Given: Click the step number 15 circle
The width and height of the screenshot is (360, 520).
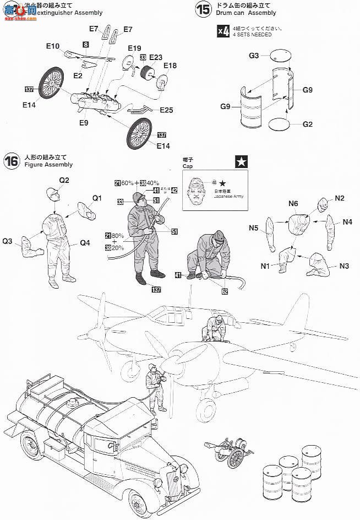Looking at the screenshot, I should point(203,9).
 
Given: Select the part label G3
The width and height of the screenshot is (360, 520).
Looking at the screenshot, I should point(254,55).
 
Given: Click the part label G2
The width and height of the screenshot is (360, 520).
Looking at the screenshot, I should point(308,124).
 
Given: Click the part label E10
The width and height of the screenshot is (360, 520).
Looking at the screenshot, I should point(53,46).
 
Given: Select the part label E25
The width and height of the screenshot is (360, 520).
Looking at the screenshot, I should point(166,110).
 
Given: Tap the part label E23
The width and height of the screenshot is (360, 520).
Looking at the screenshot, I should point(156,57).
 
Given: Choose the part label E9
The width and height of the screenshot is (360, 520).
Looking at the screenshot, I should point(83,123).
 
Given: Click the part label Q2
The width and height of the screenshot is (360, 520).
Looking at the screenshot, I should point(64,180).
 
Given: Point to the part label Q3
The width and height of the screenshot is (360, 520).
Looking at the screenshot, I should point(8,241).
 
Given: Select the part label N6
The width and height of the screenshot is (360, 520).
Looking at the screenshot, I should point(293,203).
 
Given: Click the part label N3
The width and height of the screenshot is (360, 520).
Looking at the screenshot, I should point(345,266).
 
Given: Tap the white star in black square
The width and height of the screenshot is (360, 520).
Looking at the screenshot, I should point(241,162).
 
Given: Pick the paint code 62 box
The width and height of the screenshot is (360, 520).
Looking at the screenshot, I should point(225,292).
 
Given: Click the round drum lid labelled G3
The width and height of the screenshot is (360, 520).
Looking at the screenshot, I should point(280,55).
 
